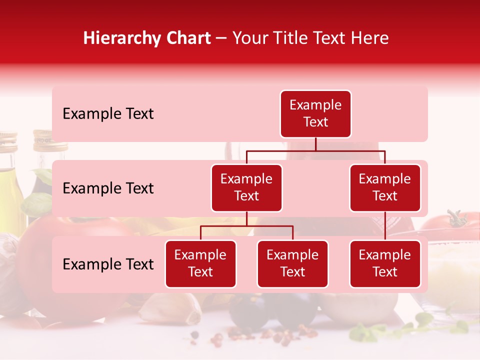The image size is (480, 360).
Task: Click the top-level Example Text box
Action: click(x=315, y=114)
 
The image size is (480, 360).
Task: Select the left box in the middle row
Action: click(x=246, y=188)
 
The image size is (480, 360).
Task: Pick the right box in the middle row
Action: click(x=385, y=188)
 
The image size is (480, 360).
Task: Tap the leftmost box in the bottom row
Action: click(x=200, y=264)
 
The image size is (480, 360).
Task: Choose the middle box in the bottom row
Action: click(x=292, y=264)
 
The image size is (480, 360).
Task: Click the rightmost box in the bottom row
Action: click(x=385, y=264)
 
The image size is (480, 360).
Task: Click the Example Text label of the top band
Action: click(x=108, y=114)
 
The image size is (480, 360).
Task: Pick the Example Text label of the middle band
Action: click(x=108, y=188)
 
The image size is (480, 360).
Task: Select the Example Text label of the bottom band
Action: click(x=108, y=264)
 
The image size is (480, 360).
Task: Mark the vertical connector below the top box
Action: click(x=315, y=144)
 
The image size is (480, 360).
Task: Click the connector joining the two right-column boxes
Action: click(x=385, y=226)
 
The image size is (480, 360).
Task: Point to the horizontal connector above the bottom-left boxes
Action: click(x=246, y=226)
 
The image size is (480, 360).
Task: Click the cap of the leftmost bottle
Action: click(x=7, y=140)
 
